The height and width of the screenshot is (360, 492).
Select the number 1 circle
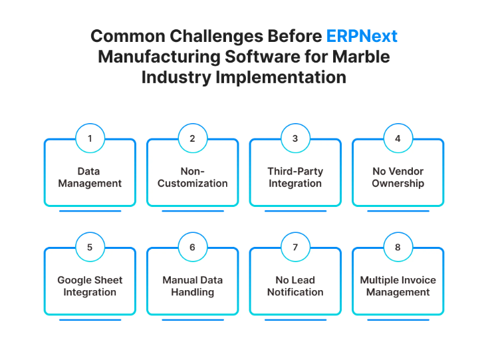pos(90,138)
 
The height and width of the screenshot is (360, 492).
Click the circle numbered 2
pos(192,138)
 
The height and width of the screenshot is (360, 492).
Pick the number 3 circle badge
pos(295,138)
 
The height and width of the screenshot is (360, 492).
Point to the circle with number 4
pos(398,138)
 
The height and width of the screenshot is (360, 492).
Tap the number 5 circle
pos(90,248)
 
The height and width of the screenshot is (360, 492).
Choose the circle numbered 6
pos(192,248)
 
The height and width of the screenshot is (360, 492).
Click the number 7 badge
pos(295,248)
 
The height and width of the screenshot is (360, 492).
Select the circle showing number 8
pos(398,248)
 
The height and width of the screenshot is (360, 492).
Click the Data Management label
pos(90,177)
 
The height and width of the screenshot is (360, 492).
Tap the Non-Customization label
pos(192,177)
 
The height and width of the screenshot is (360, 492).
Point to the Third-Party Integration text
pos(295,177)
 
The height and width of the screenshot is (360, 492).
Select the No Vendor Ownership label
pos(398,177)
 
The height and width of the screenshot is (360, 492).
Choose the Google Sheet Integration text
pos(90,286)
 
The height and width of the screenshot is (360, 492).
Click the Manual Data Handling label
pos(192,286)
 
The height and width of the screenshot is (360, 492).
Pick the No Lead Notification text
pos(295,286)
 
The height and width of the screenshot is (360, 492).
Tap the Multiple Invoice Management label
pos(398,286)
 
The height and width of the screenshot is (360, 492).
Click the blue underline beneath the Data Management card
pos(90,211)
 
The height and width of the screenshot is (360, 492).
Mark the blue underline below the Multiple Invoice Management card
pos(398,320)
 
